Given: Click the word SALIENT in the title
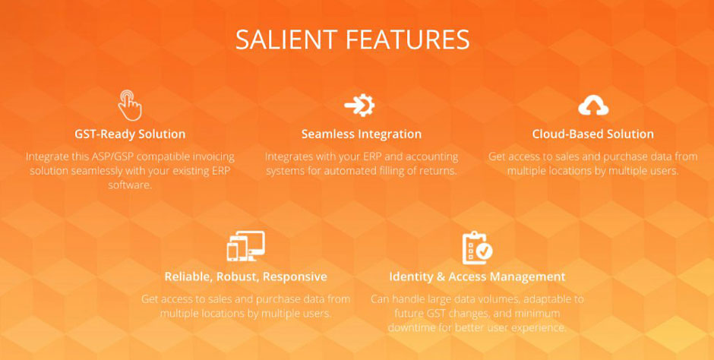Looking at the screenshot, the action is [287, 39].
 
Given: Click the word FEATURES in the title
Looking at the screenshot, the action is [408, 39].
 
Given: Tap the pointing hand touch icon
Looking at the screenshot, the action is [130, 105].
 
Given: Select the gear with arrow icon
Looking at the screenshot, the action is [360, 105].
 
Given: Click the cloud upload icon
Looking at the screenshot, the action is [593, 105].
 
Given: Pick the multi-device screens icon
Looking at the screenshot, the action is [246, 246].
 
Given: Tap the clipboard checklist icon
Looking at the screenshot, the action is [477, 248].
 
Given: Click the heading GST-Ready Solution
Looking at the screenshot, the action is [130, 134].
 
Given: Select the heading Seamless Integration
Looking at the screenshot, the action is [362, 134].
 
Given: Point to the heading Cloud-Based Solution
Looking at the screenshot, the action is [593, 134].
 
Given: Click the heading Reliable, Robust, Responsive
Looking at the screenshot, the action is [246, 276].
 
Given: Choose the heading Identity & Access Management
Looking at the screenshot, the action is [477, 276].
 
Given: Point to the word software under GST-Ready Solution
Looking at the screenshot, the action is [130, 185].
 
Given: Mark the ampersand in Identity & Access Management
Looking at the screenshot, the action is [441, 276].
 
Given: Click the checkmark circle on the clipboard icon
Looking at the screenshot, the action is [485, 251].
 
